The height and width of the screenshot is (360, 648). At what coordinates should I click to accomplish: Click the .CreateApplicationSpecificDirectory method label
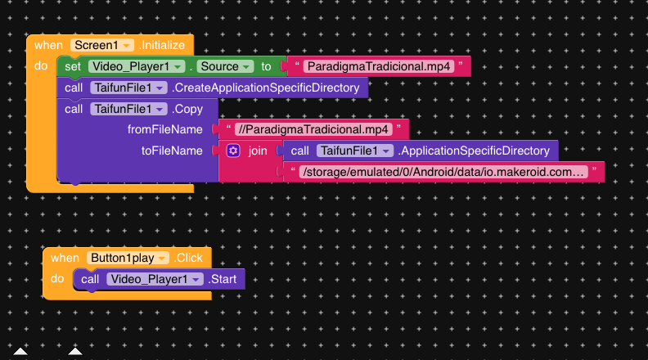(x=267, y=88)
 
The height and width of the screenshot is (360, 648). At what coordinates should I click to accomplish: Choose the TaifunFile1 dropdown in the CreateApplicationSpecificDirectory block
(x=128, y=88)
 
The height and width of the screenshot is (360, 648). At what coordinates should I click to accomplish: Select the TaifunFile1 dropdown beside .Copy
(x=128, y=109)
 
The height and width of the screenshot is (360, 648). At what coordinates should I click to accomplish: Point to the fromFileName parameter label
(x=164, y=129)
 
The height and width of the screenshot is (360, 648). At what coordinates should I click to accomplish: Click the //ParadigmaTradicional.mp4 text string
(x=311, y=129)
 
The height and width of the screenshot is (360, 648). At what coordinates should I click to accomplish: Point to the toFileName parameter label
(x=172, y=151)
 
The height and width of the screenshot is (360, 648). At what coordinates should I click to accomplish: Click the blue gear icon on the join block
(x=233, y=151)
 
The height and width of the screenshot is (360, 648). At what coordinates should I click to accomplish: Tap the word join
(x=258, y=151)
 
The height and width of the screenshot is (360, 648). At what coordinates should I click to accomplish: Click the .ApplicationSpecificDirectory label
(x=473, y=151)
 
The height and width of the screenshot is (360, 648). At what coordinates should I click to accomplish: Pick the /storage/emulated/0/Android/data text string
(x=443, y=172)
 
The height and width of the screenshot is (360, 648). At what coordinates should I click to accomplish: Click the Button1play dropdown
(x=128, y=258)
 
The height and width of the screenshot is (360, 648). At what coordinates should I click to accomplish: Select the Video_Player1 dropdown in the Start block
(x=154, y=279)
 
